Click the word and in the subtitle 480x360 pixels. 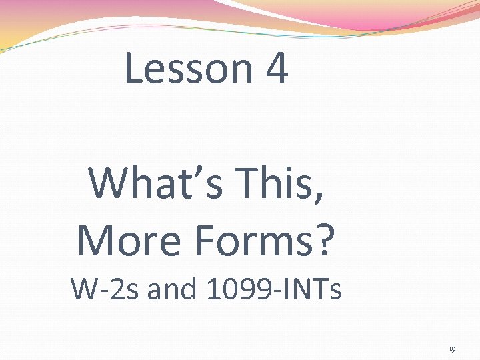pos(173,289)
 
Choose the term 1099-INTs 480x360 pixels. pos(274,289)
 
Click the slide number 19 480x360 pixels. pos(452,349)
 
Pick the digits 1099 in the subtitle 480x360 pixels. pos(233,289)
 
